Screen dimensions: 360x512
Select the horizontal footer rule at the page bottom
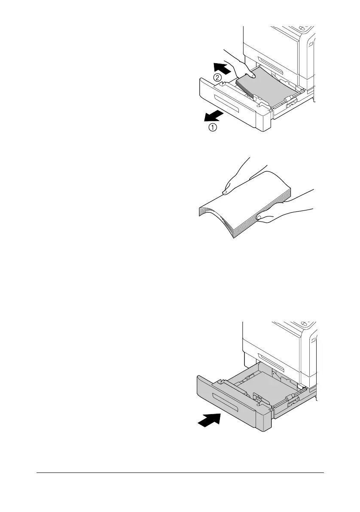(180, 473)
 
